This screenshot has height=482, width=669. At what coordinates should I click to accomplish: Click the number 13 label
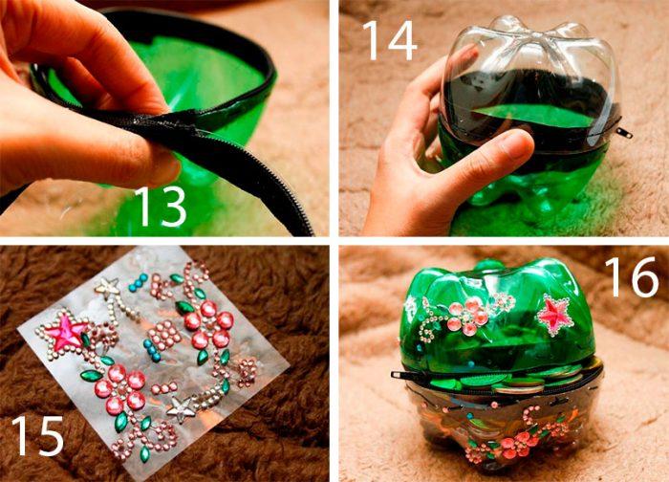[161, 207]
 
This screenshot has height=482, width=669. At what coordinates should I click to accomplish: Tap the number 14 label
[389, 40]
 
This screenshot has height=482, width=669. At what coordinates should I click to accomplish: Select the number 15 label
[37, 435]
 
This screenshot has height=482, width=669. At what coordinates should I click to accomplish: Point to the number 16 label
[632, 276]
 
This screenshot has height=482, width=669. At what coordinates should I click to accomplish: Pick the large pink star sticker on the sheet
[65, 331]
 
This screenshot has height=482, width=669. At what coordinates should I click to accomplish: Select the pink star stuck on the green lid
[553, 315]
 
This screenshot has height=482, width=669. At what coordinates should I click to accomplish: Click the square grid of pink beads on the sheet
[164, 335]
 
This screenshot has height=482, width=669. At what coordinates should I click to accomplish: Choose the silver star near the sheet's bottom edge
[181, 408]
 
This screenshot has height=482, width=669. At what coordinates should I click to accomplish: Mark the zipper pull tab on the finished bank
[403, 375]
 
